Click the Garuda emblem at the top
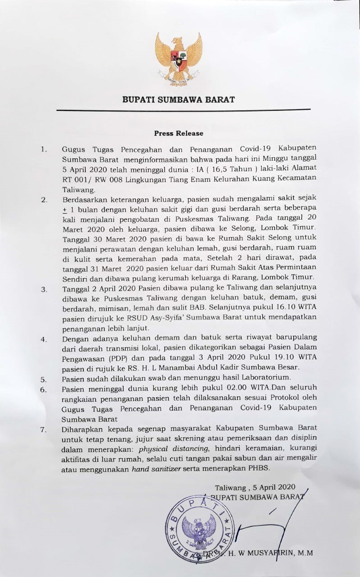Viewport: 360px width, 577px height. pos(178,59)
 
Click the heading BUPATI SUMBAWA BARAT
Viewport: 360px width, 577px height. pos(178,99)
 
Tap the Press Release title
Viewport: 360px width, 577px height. pos(178,133)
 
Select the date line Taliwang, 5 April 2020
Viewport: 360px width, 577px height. pos(255,487)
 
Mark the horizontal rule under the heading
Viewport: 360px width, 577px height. pos(183,110)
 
